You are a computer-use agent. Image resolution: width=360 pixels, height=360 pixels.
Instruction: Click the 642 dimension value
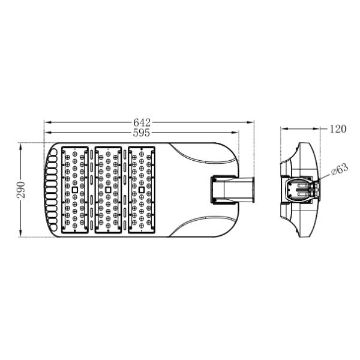coord(142,122)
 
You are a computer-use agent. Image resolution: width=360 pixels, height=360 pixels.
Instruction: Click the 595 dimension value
coord(142,133)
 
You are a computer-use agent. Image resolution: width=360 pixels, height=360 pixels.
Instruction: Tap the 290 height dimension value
coord(21,190)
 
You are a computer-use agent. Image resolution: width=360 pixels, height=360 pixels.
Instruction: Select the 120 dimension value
coord(338,129)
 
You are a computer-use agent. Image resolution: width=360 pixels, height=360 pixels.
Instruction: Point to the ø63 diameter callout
coord(340,169)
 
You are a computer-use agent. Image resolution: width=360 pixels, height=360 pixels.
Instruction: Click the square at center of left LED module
coord(74,190)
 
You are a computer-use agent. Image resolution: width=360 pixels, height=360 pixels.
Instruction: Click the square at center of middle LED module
coord(108,190)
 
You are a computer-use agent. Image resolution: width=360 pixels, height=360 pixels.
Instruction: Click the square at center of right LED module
coord(142,190)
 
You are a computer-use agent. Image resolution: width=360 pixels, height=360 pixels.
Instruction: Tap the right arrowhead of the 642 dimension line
coord(250,122)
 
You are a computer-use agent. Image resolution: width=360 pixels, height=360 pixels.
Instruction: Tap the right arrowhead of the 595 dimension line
coord(235,133)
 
